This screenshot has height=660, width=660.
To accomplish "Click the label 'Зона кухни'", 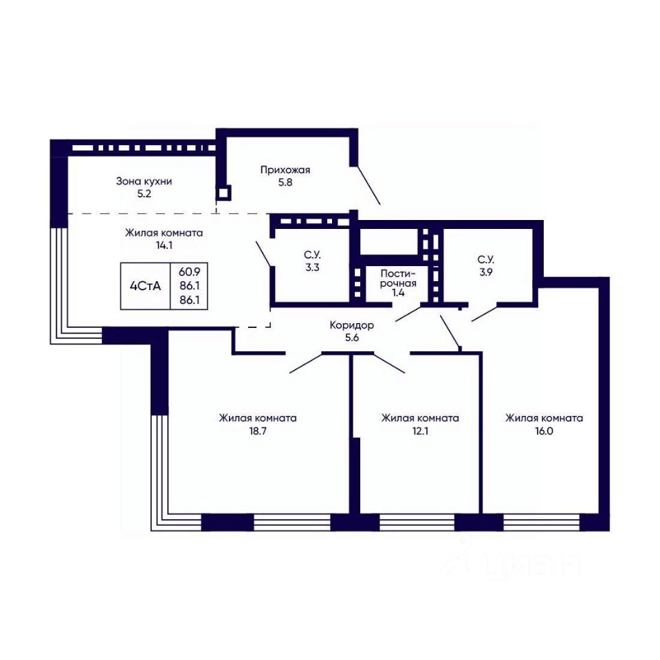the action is [x=144, y=181].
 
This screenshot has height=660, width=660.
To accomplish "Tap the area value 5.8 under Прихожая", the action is [x=285, y=183].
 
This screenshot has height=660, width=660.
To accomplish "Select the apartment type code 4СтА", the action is [x=145, y=287].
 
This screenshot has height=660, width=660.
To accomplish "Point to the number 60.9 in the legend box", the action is [x=190, y=272].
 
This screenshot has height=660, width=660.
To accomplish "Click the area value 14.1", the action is [x=164, y=245].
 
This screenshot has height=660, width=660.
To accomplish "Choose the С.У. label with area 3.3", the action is [x=312, y=254].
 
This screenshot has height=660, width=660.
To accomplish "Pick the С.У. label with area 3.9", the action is [x=486, y=259].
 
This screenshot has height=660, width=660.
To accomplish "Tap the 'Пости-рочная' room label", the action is [x=398, y=278].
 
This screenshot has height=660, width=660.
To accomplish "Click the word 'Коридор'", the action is [x=351, y=325].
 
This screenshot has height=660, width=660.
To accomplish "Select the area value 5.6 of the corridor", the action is [x=351, y=338].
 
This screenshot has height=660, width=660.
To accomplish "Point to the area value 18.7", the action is [x=258, y=431].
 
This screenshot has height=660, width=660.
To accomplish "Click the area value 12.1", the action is [x=420, y=431].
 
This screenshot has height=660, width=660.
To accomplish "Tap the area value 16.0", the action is [x=544, y=431].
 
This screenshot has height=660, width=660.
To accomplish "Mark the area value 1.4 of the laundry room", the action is [x=398, y=293].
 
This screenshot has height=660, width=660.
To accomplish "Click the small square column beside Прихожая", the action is [x=223, y=193].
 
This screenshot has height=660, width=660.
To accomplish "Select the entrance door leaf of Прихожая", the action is [x=368, y=185].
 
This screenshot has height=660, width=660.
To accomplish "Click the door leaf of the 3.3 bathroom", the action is [x=264, y=254].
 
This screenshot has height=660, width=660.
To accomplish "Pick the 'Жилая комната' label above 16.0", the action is [x=544, y=419].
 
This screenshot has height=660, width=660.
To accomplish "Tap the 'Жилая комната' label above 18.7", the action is [x=258, y=419].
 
